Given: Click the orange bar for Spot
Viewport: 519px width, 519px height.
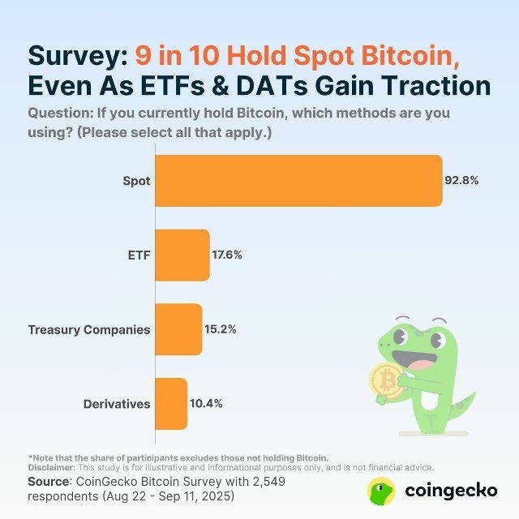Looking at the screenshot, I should click(x=298, y=181).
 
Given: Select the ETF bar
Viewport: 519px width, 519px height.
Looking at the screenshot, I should click(x=182, y=255).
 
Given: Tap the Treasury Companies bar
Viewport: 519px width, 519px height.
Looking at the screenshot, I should click(x=178, y=329).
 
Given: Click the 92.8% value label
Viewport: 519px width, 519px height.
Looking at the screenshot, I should click(x=462, y=181).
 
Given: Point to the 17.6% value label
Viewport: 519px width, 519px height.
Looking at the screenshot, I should click(x=227, y=255).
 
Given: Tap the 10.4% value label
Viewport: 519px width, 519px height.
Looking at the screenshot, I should click(x=205, y=404).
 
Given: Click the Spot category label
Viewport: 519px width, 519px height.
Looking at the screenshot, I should click(x=136, y=181).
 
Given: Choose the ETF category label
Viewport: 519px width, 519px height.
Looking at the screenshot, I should click(x=139, y=255).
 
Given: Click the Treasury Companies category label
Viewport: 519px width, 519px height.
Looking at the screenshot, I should click(x=89, y=330).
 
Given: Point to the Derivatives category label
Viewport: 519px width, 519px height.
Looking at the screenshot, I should click(x=117, y=404).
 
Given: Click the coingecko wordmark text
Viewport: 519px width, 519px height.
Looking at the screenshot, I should click(x=451, y=491).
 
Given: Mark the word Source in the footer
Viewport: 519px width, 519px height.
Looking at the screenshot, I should click(x=49, y=482).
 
